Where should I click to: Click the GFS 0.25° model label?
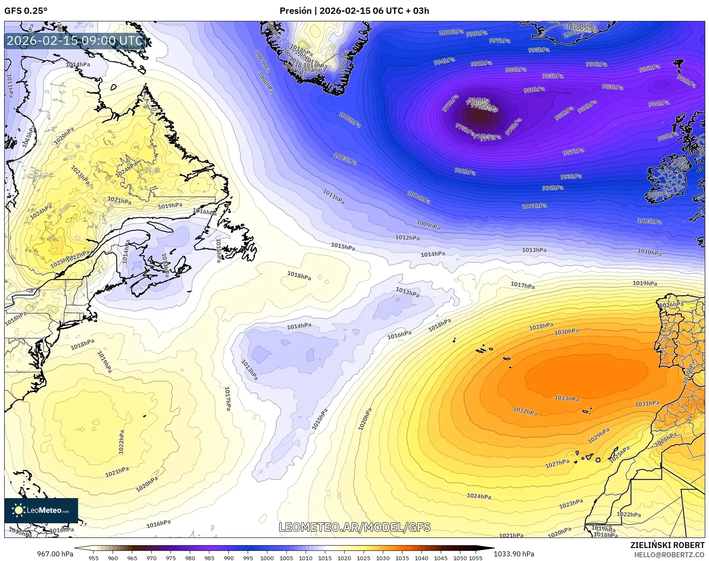(26, 11)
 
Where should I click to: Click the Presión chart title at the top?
(354, 11)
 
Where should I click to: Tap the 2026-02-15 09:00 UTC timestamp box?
(75, 41)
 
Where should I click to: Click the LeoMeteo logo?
(41, 510)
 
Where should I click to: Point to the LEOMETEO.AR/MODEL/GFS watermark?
(355, 527)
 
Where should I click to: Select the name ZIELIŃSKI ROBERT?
(667, 545)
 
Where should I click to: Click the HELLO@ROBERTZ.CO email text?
(669, 555)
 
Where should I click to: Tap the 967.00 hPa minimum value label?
(55, 554)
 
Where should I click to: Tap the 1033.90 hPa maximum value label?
(514, 554)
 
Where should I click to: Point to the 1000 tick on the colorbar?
(267, 558)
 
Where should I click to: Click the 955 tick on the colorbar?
(94, 558)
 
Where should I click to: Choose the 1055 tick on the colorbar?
(476, 558)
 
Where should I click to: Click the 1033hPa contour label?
(566, 398)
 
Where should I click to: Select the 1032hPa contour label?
(525, 411)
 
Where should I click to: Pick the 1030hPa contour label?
(566, 332)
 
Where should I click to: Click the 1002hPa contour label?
(350, 120)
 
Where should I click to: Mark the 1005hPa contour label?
(345, 159)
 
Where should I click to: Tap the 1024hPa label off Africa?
(479, 496)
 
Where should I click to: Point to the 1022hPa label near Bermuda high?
(121, 442)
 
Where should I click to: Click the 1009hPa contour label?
(428, 225)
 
